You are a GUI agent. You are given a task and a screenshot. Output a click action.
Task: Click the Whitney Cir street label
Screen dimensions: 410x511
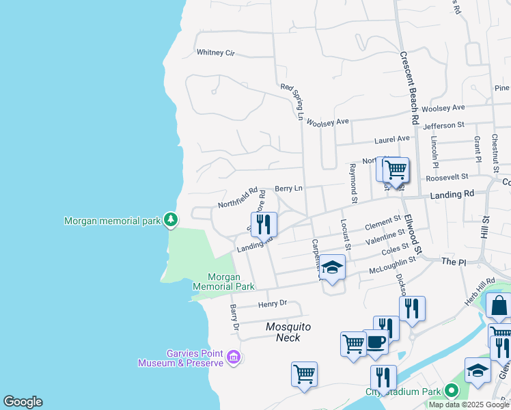tap(215, 53)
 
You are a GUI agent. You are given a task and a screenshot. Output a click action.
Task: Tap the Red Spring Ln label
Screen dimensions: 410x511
tap(292, 101)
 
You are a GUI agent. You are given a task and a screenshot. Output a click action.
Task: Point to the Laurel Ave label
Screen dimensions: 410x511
tap(391, 139)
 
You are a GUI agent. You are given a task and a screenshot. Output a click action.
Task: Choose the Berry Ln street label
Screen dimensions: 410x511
tap(288, 188)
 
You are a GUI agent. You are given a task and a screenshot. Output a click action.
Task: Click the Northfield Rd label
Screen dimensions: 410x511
tap(237, 198)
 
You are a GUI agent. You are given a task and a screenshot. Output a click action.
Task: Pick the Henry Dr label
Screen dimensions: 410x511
tap(273, 303)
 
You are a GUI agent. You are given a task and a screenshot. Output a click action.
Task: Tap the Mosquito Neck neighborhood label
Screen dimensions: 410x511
tap(288, 331)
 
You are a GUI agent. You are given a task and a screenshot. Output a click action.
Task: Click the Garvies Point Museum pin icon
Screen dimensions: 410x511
tap(234, 357)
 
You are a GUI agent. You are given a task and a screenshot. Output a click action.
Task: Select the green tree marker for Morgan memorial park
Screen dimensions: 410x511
tap(170, 220)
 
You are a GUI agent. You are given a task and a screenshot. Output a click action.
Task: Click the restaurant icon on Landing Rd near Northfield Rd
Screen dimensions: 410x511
tap(264, 223)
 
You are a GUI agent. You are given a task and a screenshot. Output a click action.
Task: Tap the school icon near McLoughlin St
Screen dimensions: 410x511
tap(332, 267)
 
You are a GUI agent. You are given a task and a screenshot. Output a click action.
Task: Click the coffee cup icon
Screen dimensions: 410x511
tap(375, 340)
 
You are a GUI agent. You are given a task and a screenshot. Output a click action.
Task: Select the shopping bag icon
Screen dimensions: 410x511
tap(499, 306)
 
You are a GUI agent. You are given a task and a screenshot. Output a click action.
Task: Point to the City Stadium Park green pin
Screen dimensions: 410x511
tap(451, 392)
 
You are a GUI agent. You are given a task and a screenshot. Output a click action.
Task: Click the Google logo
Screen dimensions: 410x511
tap(23, 402)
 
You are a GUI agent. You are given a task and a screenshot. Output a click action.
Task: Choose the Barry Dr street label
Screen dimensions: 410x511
tap(234, 318)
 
